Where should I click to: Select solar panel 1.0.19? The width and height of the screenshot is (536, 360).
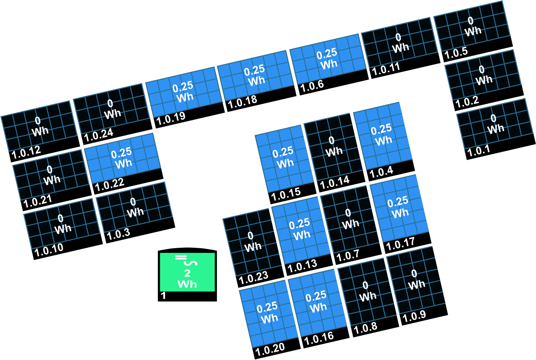click(x=185, y=97)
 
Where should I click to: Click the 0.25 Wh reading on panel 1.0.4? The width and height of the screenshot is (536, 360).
click(x=382, y=134)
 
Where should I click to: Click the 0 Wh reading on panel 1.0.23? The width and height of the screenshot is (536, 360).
click(x=252, y=241)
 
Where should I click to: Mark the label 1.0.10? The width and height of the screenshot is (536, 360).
click(x=49, y=250)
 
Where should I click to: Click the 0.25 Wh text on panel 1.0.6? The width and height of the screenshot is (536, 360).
click(x=328, y=59)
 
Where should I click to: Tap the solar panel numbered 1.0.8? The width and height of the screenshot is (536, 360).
click(x=367, y=296)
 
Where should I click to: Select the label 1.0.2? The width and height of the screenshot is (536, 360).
click(x=467, y=102)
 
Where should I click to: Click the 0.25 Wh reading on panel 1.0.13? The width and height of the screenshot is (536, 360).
click(x=301, y=229)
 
